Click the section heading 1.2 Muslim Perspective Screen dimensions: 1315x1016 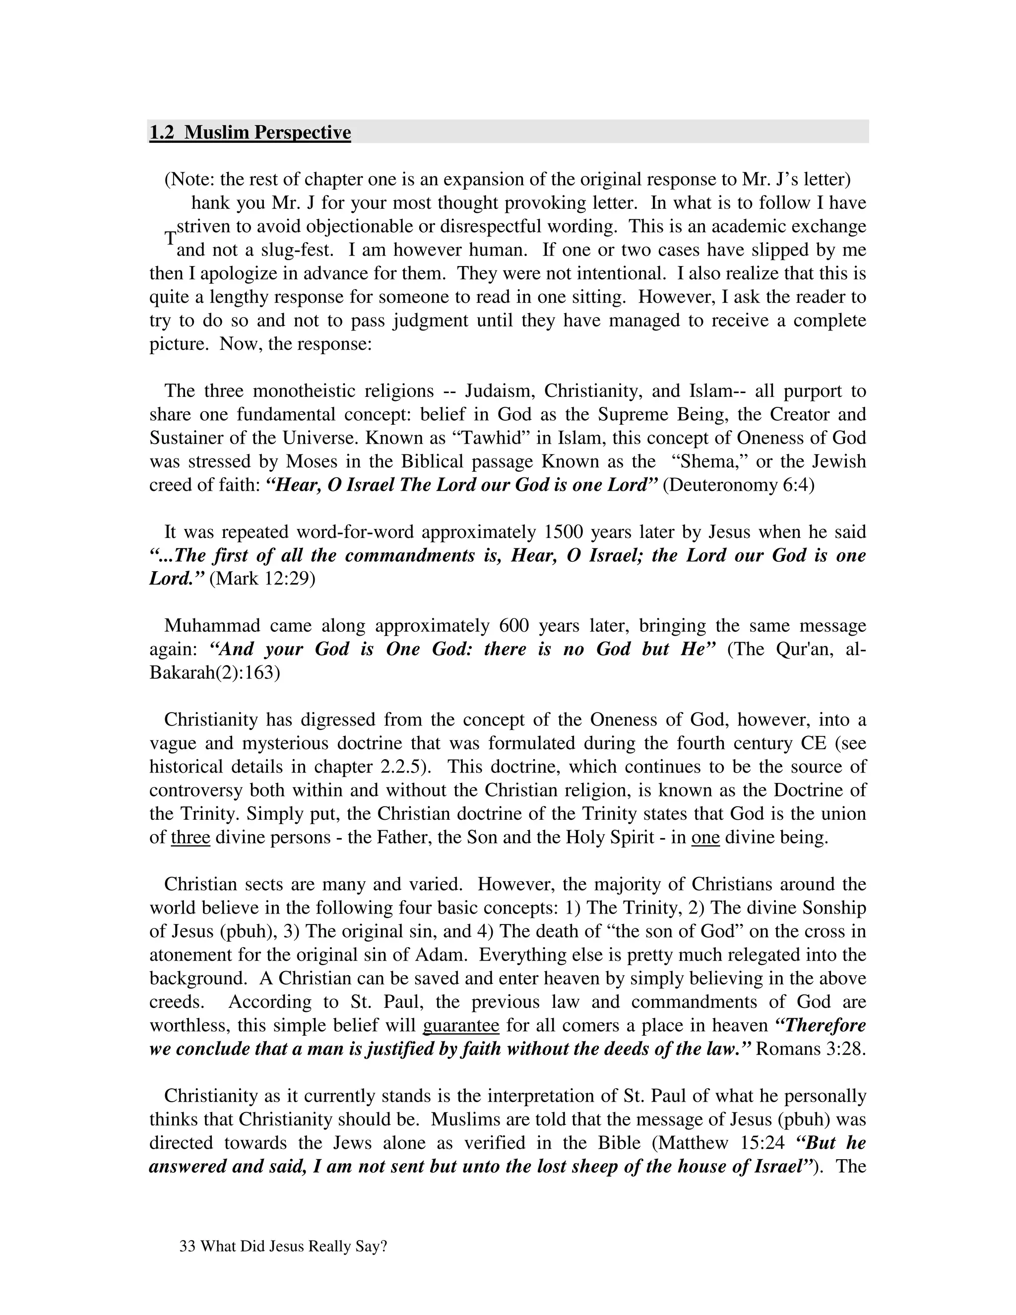[x=250, y=132]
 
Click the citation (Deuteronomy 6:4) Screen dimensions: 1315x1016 [x=738, y=485]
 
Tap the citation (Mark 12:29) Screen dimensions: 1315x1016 [x=262, y=579]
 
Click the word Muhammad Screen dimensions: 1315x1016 [x=212, y=626]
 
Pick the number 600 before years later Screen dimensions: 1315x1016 [x=513, y=626]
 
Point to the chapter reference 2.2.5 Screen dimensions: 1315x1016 [x=401, y=767]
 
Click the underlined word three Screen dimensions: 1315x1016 [x=190, y=838]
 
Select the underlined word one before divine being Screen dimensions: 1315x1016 [x=705, y=838]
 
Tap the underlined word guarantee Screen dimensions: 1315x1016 [x=461, y=1025]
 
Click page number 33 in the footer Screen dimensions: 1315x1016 [x=187, y=1247]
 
